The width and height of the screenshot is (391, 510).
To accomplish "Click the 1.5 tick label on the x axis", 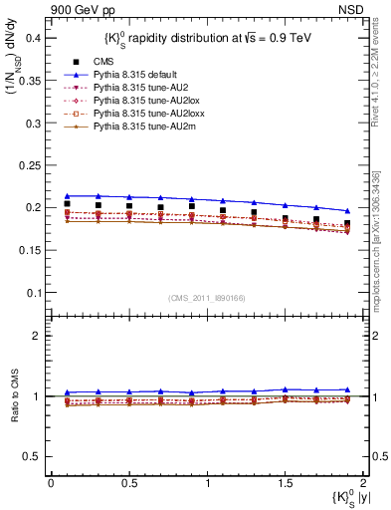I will tap(286, 483).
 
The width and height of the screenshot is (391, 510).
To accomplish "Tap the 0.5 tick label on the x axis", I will tap(128, 483).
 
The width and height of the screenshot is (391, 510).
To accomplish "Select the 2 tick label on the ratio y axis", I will tap(39, 336).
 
